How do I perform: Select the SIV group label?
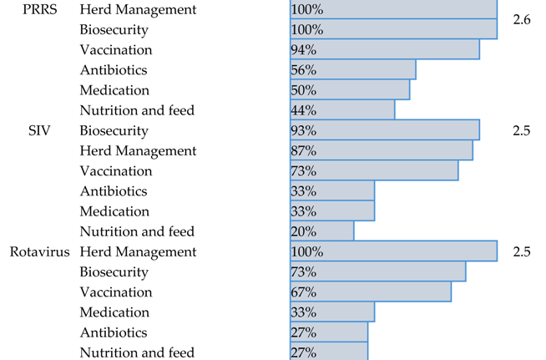pos(42,131)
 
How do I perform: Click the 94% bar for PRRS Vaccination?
pos(385,50)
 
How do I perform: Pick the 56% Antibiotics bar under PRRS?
pos(352,70)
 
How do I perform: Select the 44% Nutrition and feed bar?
pos(342,110)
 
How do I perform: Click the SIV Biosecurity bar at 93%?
pos(385,131)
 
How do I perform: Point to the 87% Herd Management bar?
pos(382,151)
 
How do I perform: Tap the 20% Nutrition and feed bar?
pos(322,231)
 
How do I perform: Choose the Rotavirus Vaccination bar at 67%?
pos(371,292)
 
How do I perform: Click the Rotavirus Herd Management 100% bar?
pos(393,252)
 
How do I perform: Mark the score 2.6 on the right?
pos(522,19)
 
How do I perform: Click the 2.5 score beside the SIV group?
pos(522,131)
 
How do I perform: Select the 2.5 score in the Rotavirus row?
pos(522,252)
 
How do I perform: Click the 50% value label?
pos(303,90)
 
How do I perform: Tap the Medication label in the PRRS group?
pos(114,90)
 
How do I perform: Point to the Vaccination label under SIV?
pos(116,171)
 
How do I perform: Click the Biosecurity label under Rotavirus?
pos(114,272)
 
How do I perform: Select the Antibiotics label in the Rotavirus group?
pos(114,332)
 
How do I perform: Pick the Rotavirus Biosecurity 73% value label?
pos(303,272)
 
